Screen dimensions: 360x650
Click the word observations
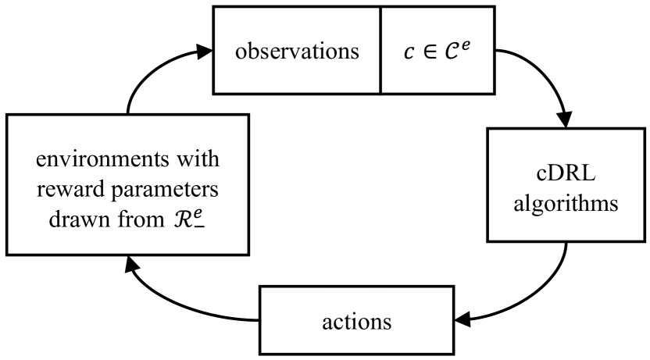[x=297, y=52]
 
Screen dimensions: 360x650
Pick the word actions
[x=355, y=322]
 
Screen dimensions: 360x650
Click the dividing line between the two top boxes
[x=380, y=50]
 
